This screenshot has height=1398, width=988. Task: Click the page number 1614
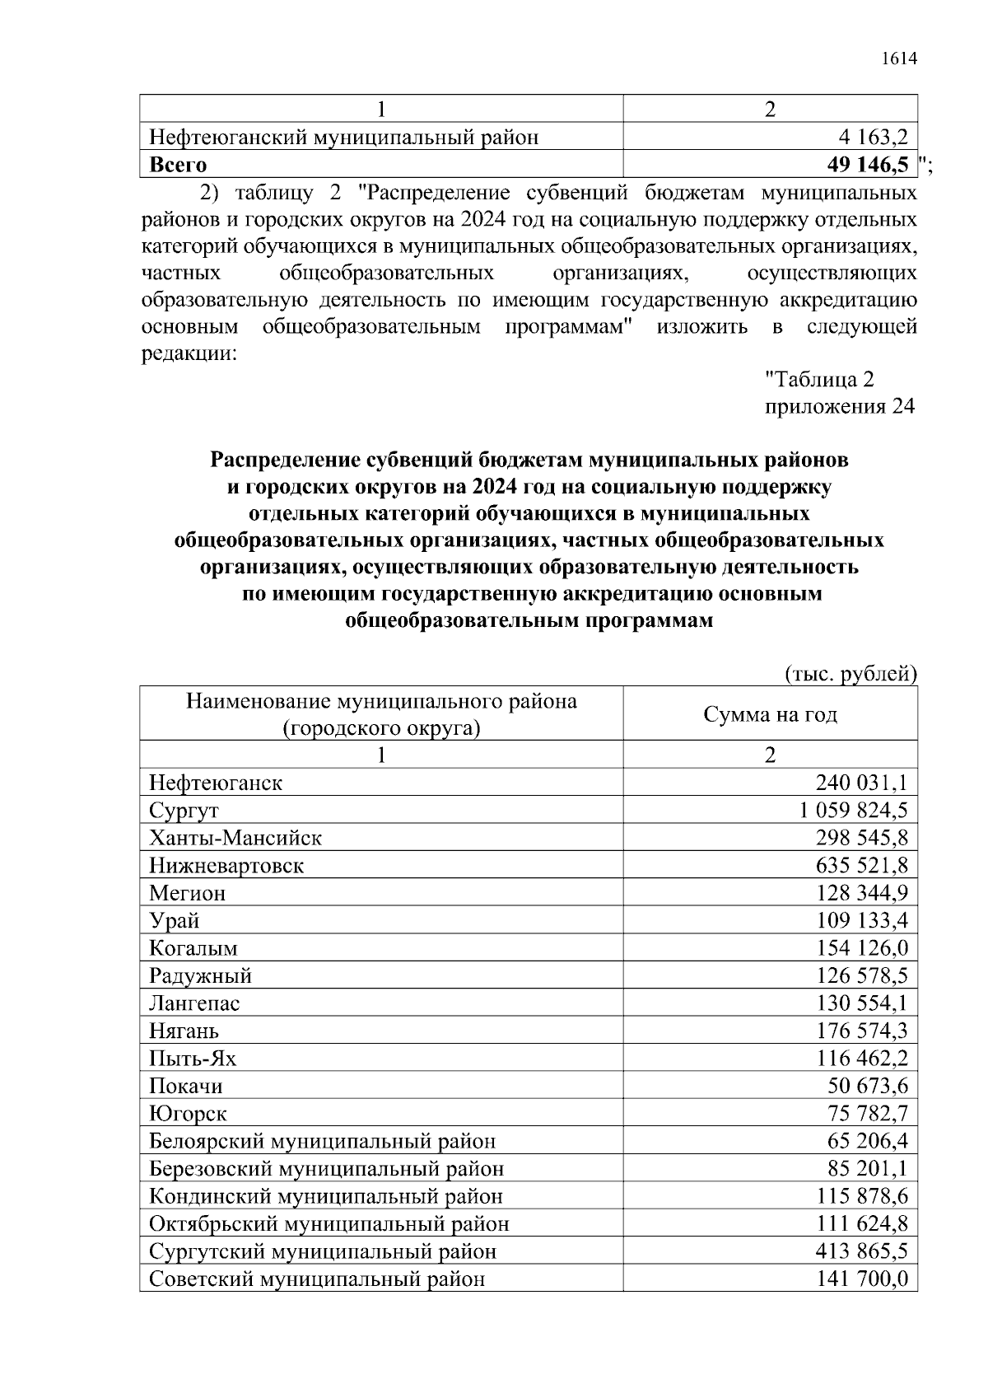pyautogui.click(x=898, y=59)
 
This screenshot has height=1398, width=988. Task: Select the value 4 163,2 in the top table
pyautogui.click(x=868, y=137)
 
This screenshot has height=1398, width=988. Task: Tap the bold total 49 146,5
pyautogui.click(x=868, y=165)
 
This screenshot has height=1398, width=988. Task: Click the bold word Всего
pyautogui.click(x=178, y=165)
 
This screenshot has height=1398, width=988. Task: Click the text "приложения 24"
pyautogui.click(x=840, y=407)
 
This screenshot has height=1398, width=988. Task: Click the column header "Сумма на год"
pyautogui.click(x=770, y=714)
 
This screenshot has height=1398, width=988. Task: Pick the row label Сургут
pyautogui.click(x=184, y=811)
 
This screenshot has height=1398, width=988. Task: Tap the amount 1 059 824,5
pyautogui.click(x=853, y=810)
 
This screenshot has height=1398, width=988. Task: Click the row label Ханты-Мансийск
pyautogui.click(x=235, y=838)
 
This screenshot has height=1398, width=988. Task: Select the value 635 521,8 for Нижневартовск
pyautogui.click(x=862, y=865)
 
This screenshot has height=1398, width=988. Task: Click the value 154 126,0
pyautogui.click(x=862, y=948)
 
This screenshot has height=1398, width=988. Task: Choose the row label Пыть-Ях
pyautogui.click(x=193, y=1059)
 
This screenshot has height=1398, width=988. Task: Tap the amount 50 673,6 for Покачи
pyautogui.click(x=867, y=1086)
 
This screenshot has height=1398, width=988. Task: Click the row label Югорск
pyautogui.click(x=188, y=1114)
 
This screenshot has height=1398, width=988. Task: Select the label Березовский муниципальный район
pyautogui.click(x=326, y=1169)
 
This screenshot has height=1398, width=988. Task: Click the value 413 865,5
pyautogui.click(x=862, y=1251)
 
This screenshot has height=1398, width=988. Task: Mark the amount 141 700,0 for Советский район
pyautogui.click(x=862, y=1279)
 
